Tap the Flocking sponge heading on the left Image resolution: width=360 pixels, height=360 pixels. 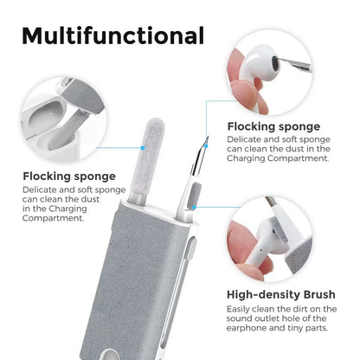pos(68,177)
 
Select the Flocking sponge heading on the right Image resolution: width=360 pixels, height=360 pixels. pos(273,126)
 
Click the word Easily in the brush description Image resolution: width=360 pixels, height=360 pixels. pos(241,309)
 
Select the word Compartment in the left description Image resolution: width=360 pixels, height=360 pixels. pos(55,217)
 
